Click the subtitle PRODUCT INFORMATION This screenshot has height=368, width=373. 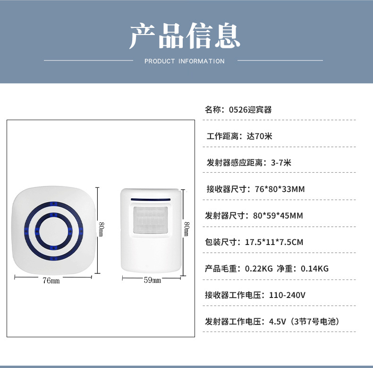[x=185, y=61]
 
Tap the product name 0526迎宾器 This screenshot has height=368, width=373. [x=250, y=110]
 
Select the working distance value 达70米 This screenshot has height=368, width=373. [x=260, y=136]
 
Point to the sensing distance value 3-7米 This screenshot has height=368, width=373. [x=281, y=163]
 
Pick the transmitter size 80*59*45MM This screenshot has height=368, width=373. [x=278, y=216]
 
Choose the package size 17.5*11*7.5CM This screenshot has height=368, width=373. [x=274, y=242]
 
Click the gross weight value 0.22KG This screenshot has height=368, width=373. [x=259, y=269]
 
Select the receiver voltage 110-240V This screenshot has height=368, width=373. [x=287, y=295]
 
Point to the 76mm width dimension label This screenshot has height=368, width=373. [x=51, y=280]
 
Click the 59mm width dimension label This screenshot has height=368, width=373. [x=153, y=280]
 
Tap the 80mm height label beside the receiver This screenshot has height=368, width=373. [x=101, y=229]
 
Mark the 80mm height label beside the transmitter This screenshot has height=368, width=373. [x=186, y=229]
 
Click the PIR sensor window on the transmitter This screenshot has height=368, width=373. [x=152, y=220]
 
